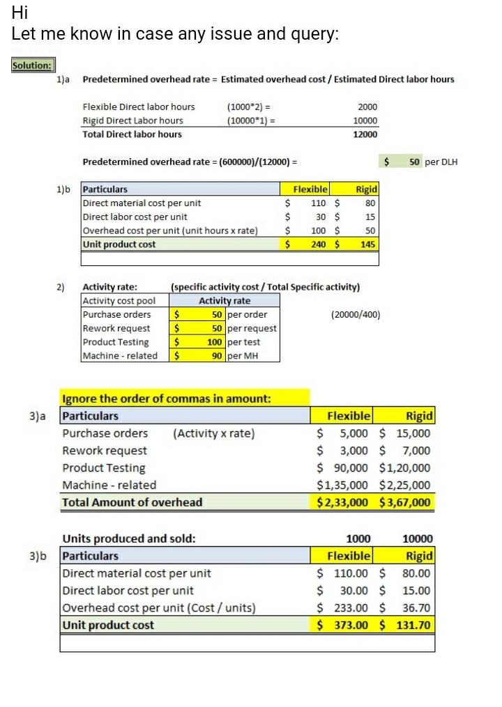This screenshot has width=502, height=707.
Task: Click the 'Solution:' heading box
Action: (x=33, y=65)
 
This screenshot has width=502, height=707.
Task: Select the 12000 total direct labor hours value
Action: (x=367, y=134)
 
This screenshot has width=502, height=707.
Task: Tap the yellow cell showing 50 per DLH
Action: (x=414, y=162)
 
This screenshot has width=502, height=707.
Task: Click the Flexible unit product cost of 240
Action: (x=319, y=244)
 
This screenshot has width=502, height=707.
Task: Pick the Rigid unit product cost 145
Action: (x=367, y=244)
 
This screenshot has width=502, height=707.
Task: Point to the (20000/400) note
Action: (x=356, y=315)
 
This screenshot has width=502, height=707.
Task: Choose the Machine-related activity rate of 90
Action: (x=217, y=356)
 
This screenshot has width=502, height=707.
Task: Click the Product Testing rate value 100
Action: (x=215, y=342)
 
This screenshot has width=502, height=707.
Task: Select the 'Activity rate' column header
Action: (x=225, y=301)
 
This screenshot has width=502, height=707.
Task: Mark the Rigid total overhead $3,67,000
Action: (x=405, y=502)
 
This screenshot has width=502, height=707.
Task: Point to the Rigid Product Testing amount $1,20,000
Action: (x=405, y=468)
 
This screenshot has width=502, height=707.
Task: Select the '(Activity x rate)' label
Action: (x=214, y=433)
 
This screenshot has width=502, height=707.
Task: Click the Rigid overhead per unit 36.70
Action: (x=417, y=607)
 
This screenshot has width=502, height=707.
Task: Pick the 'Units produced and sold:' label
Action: (x=129, y=538)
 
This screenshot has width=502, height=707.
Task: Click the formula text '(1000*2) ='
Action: (x=249, y=107)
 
